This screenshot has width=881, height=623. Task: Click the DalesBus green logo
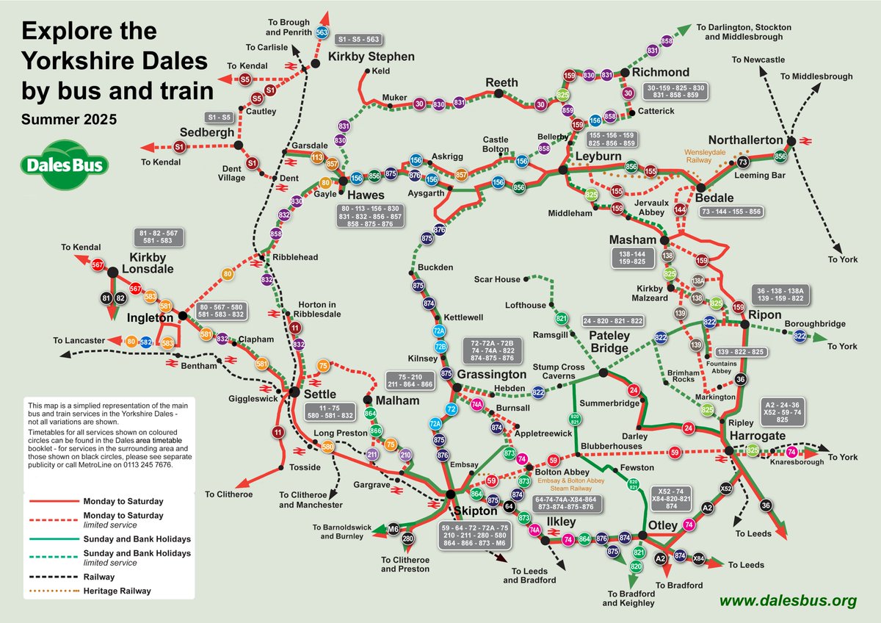pos(65,164)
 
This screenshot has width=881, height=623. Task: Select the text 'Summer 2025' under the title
pos(68,118)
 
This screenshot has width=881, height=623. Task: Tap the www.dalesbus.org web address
pos(788,600)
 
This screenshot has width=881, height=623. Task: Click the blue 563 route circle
pos(322,32)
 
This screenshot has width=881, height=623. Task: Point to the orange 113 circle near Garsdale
pos(318,156)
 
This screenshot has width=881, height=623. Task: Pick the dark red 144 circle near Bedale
pos(680,210)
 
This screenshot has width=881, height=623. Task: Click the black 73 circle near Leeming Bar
pos(743,162)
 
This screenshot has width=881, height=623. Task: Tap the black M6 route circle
pos(393,529)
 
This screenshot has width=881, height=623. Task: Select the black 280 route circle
pos(408,540)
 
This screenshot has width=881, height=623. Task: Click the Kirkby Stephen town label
pos(371,57)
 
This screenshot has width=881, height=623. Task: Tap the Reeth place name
pos(501,82)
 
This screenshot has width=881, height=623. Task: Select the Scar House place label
pos(496,280)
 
